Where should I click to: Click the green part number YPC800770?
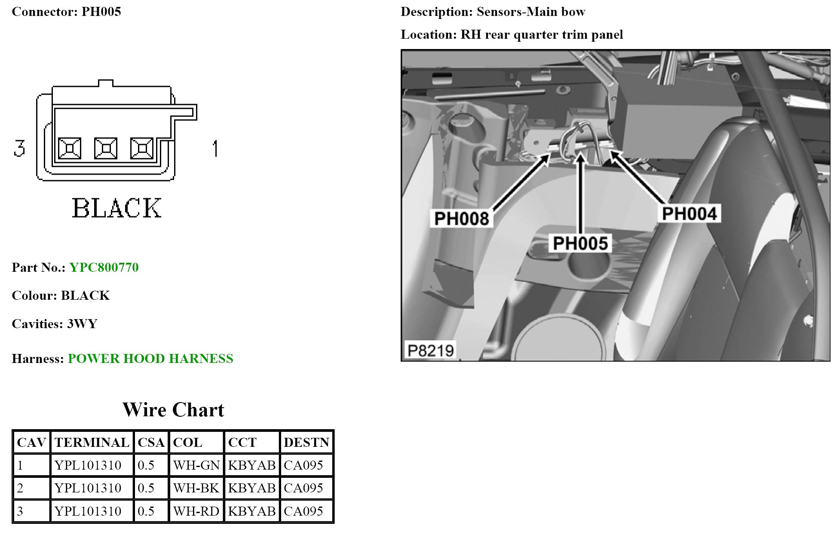tap(104, 267)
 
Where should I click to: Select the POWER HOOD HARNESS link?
tap(150, 359)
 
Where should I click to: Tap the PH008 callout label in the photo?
tap(461, 218)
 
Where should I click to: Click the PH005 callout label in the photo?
tap(580, 243)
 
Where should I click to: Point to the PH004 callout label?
tap(689, 214)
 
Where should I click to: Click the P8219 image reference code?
tap(430, 350)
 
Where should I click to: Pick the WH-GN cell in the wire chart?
tap(196, 465)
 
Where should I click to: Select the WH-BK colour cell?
tap(196, 488)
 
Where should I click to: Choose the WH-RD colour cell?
tap(196, 511)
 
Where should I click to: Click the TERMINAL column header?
tap(92, 443)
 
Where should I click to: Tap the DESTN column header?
tap(306, 443)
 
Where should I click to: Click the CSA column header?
tap(151, 443)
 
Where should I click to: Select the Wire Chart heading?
tap(173, 410)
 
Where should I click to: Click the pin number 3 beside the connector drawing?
tap(19, 148)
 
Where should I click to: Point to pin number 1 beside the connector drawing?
tap(215, 149)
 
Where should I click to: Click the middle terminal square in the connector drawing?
tap(105, 149)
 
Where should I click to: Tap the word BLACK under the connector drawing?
tap(117, 208)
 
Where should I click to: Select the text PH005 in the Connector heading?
tap(101, 12)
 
